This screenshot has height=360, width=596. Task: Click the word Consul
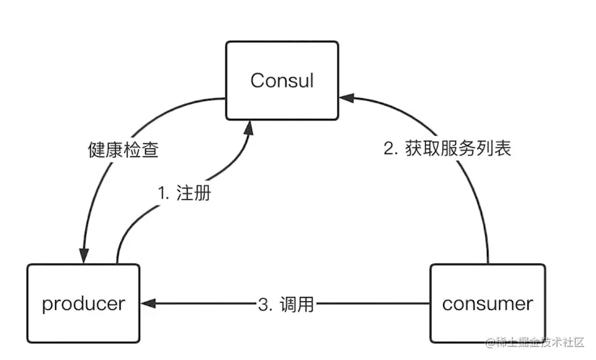coord(282,80)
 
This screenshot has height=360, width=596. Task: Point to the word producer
coord(83,304)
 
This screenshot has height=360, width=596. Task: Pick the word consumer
coord(488,304)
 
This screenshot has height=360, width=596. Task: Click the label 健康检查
coord(123,150)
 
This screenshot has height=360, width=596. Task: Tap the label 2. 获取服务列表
coord(447,148)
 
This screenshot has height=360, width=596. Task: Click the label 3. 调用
coord(285,304)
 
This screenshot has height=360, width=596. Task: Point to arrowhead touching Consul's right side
coord(345,96)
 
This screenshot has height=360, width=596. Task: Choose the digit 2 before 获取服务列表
coord(388,149)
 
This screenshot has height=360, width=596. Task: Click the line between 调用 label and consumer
coord(371,304)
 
